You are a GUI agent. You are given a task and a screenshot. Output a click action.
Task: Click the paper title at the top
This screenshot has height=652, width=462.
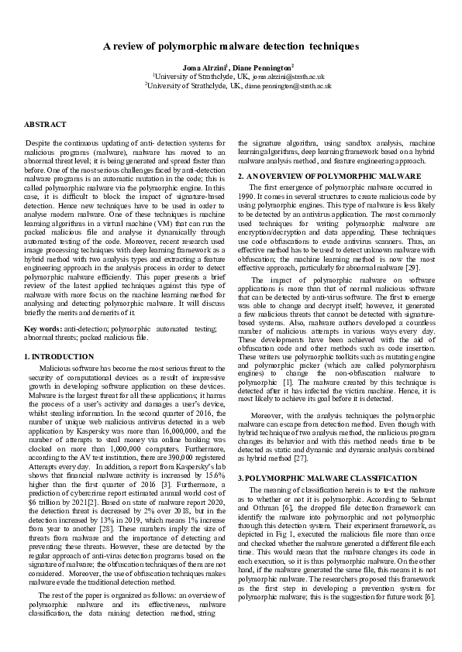[x=231, y=46]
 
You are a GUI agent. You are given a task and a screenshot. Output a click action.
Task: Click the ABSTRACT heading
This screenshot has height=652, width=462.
[x=45, y=124]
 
